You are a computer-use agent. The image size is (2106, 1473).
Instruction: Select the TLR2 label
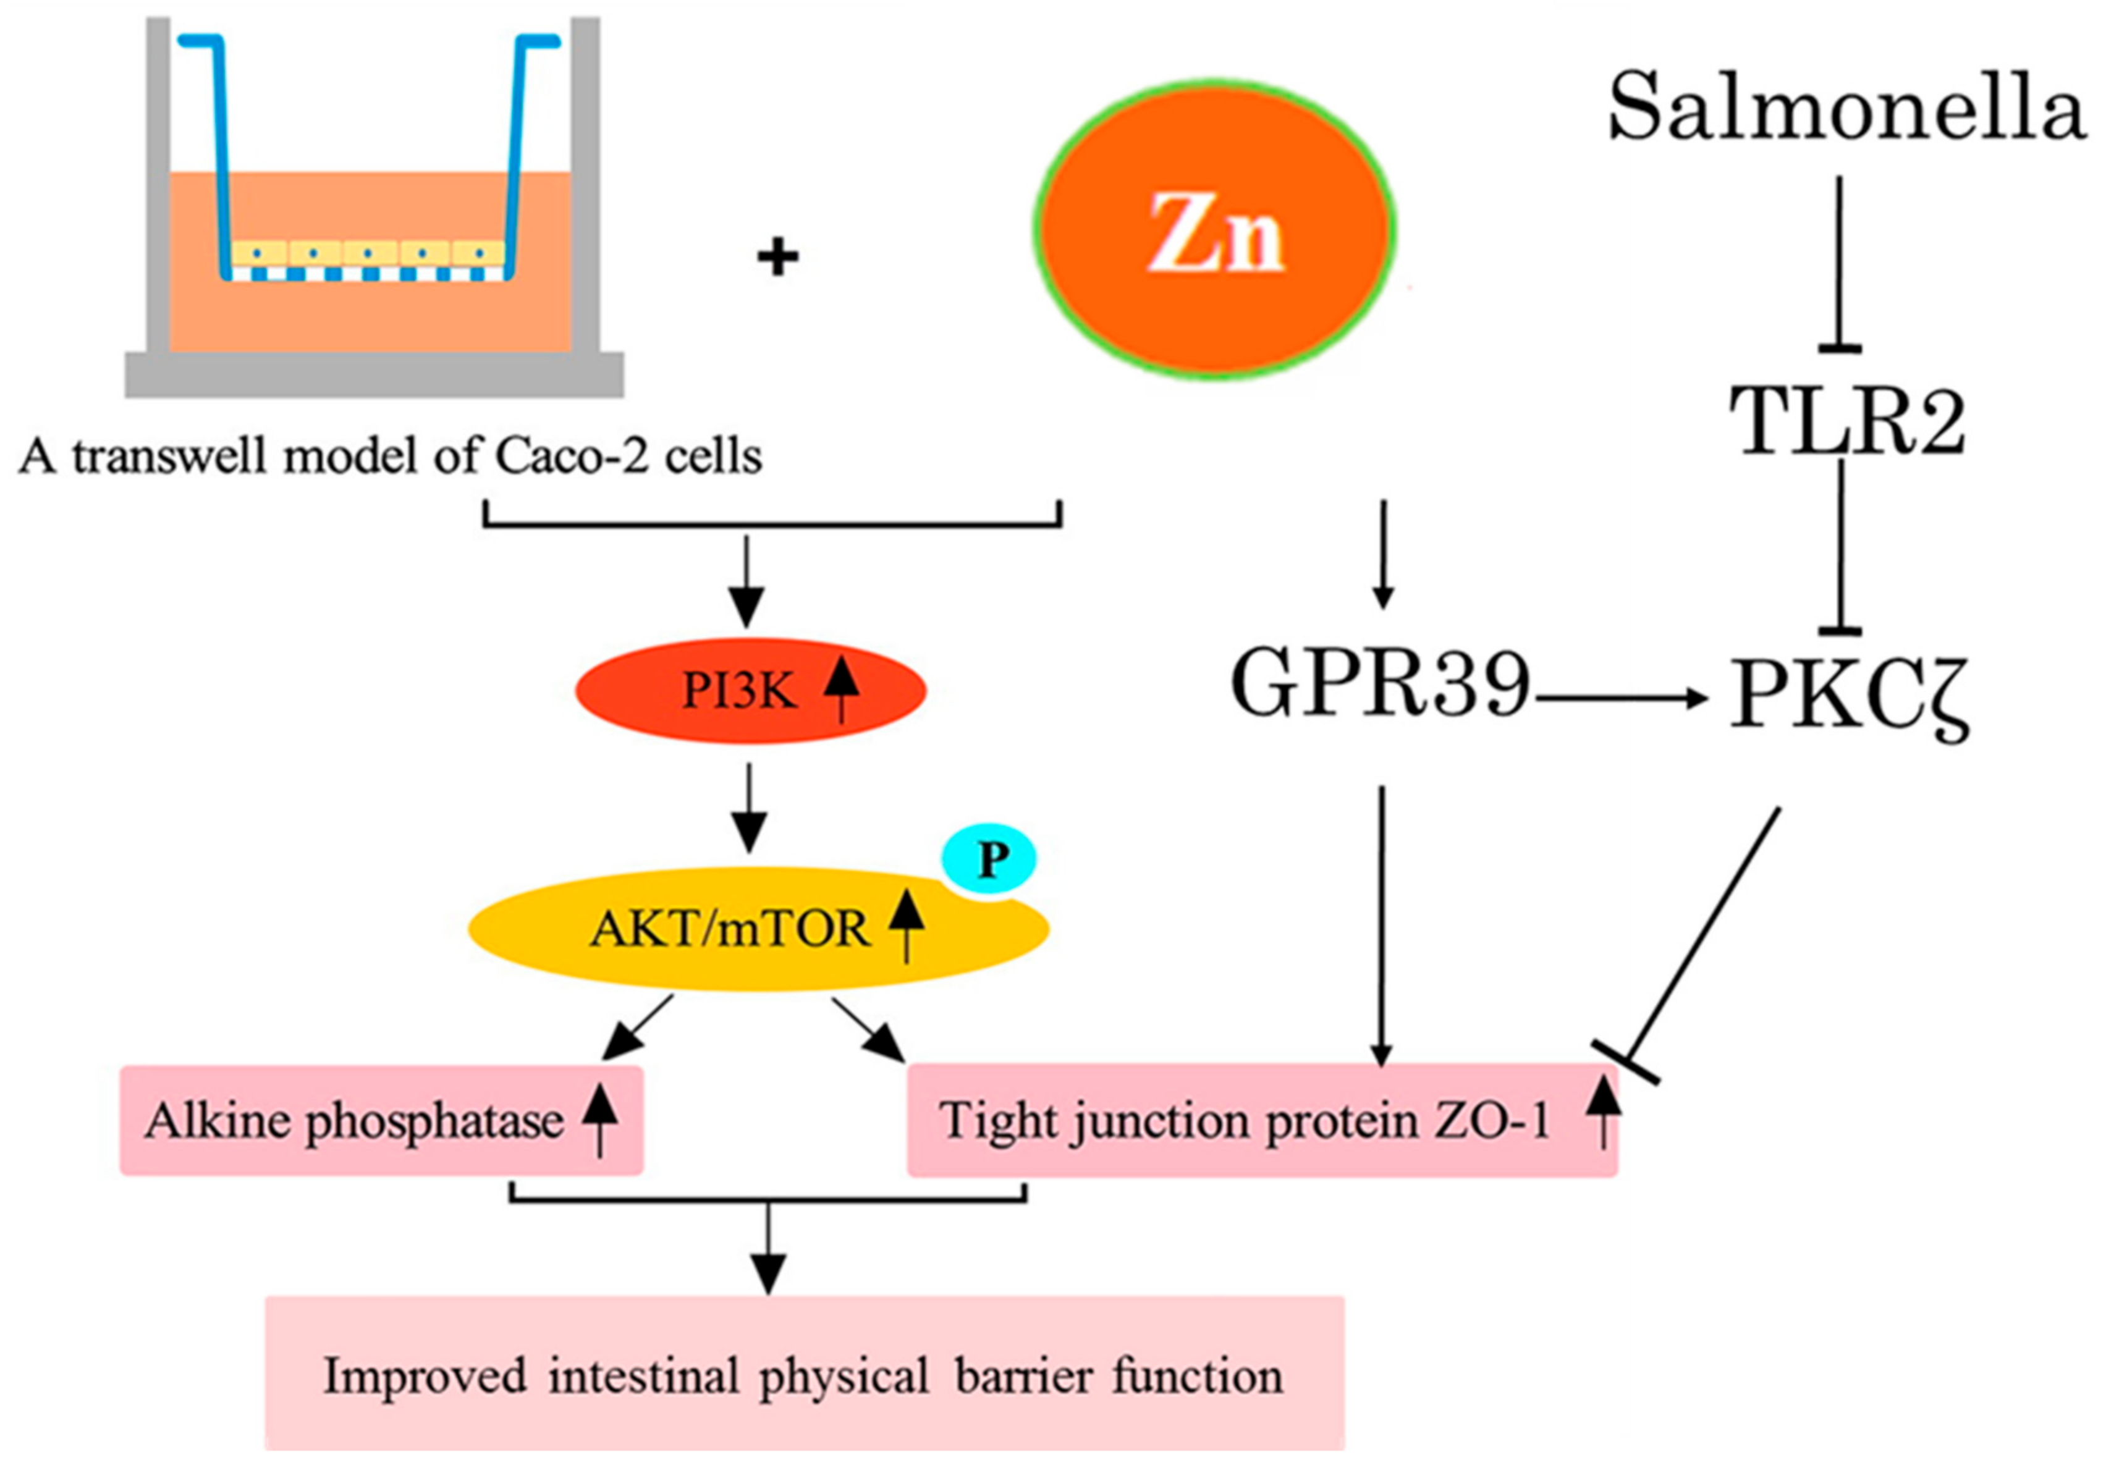click(1845, 423)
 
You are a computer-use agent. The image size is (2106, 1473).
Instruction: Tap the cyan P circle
click(991, 859)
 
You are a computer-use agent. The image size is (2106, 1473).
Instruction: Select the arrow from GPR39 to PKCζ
click(1619, 699)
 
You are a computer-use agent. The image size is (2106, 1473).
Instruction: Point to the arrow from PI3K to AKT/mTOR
click(750, 807)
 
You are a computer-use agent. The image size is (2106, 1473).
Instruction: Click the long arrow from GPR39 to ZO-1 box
click(1381, 926)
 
